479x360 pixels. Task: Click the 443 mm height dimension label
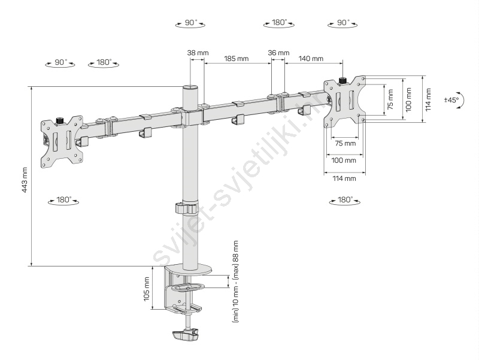[x=25, y=180]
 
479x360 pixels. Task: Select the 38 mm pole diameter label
[x=198, y=53]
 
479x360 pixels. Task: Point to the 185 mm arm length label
[x=236, y=58]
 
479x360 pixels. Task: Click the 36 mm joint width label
[x=278, y=53]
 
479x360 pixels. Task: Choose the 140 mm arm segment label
[x=311, y=58]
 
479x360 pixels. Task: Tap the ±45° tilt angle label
[x=451, y=99]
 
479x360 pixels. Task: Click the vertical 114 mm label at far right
[x=428, y=99]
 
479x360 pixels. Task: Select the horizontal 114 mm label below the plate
[x=344, y=179]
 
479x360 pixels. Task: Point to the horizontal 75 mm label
[x=345, y=143]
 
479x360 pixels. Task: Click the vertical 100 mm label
[x=409, y=99]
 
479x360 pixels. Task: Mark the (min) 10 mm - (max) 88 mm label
[x=235, y=282]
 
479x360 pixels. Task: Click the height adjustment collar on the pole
[x=187, y=207]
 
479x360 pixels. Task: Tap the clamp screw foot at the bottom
[x=186, y=335]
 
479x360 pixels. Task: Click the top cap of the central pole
[x=190, y=87]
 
